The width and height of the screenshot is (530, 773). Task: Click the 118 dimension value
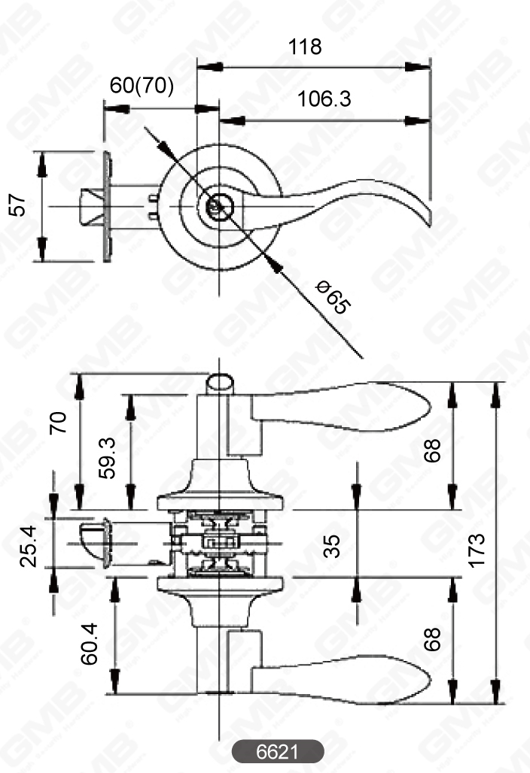(x=305, y=47)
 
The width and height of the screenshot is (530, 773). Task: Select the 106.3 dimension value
(x=324, y=99)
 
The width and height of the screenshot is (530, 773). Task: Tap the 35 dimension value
(x=332, y=544)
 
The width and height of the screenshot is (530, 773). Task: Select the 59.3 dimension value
(x=107, y=457)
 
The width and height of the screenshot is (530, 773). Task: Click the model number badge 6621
(x=278, y=751)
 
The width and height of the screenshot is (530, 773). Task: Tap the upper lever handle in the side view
(x=339, y=407)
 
